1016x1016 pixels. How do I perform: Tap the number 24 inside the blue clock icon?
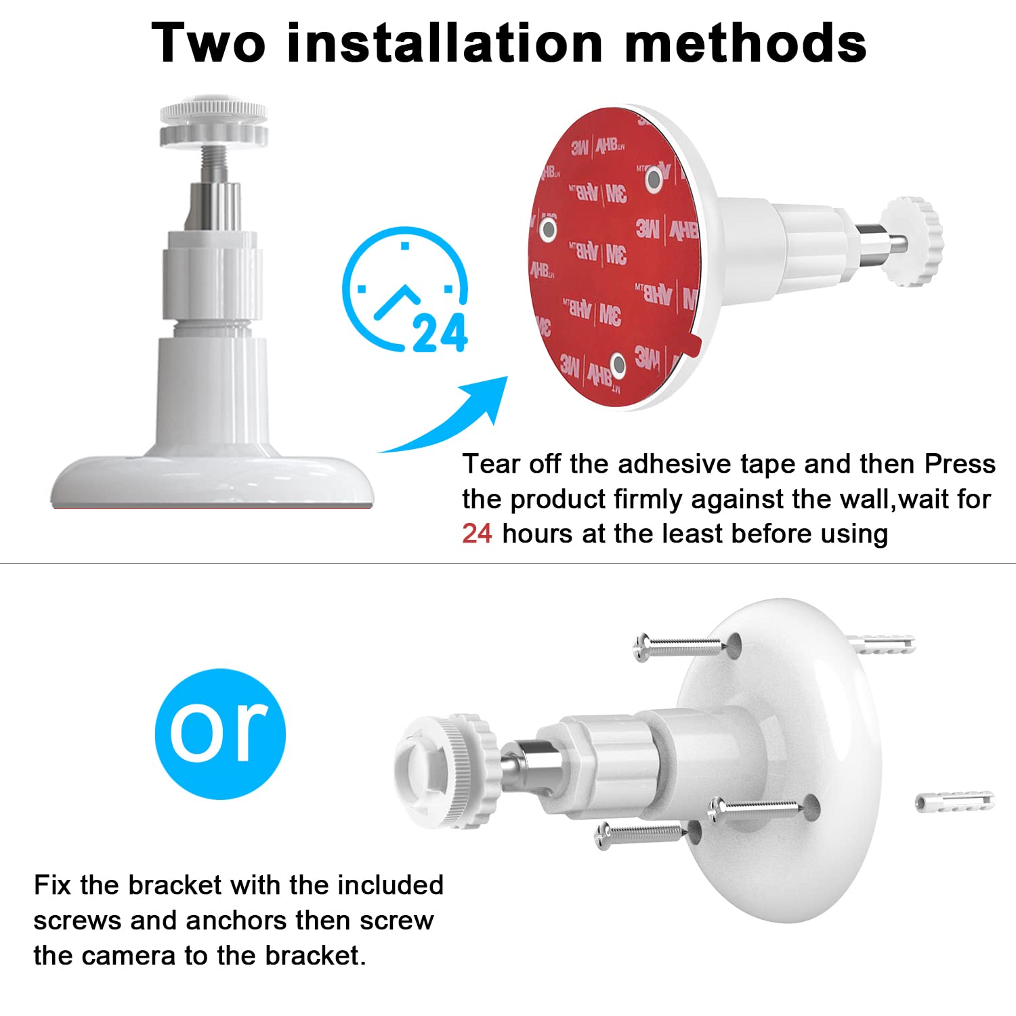pos(440,333)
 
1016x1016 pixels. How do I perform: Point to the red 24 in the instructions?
pos(477,534)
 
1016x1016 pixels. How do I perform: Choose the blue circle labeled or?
pos(220,734)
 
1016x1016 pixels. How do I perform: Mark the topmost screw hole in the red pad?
pos(654,179)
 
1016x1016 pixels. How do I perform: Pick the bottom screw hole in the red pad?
pos(618,365)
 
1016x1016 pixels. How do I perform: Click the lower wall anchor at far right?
pos(954,801)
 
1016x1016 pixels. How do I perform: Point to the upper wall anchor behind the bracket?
pos(881,644)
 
